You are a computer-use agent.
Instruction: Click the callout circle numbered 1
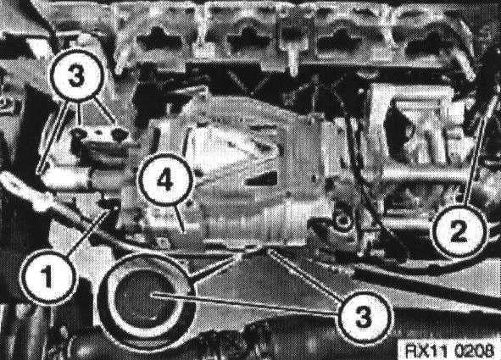click(x=47, y=276)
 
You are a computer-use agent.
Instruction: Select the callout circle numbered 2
click(x=459, y=231)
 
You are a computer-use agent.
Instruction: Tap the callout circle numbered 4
click(x=165, y=181)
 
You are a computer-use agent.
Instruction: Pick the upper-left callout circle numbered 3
click(x=76, y=75)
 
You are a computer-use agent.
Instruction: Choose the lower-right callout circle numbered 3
click(x=364, y=316)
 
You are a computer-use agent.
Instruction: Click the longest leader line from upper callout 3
click(x=53, y=136)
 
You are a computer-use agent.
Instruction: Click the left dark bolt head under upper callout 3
click(x=78, y=134)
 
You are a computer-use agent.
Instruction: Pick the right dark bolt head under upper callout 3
click(x=120, y=135)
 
